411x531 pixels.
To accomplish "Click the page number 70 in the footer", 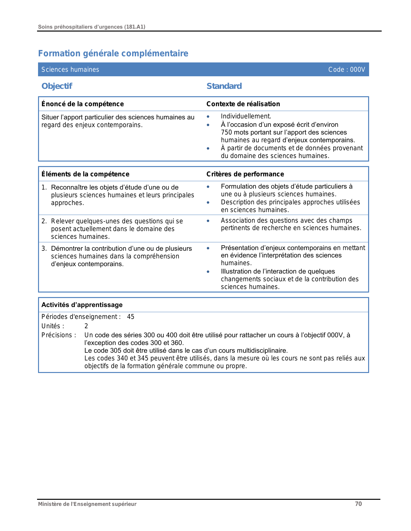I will tap(358, 504).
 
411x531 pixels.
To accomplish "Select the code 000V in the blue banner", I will tap(357, 70).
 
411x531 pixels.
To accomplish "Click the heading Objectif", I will tap(57, 86).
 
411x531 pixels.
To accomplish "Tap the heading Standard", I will tap(224, 86).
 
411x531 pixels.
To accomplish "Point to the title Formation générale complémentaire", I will tap(113, 53).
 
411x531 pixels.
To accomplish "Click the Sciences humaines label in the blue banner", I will tap(70, 70).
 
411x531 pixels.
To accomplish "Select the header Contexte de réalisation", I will tap(243, 104).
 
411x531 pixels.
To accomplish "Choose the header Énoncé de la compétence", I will tap(83, 104).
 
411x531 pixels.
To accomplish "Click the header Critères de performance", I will tap(245, 174).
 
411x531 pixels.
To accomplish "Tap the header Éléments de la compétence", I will tap(85, 174).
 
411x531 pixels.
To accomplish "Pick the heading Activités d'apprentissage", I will tap(82, 305).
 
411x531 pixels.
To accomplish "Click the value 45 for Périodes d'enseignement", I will tap(131, 317).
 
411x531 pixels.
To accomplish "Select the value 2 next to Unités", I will tap(86, 326).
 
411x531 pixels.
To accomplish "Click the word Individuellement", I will tap(246, 116).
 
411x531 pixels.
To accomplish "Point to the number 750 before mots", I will tap(227, 132).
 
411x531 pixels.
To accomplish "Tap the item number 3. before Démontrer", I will tap(44, 248).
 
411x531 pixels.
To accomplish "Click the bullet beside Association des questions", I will tap(208, 221).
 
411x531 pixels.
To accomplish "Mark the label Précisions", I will tap(59, 335).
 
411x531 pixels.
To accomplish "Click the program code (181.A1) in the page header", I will tap(134, 27).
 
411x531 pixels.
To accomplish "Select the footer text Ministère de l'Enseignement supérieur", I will tap(87, 504).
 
